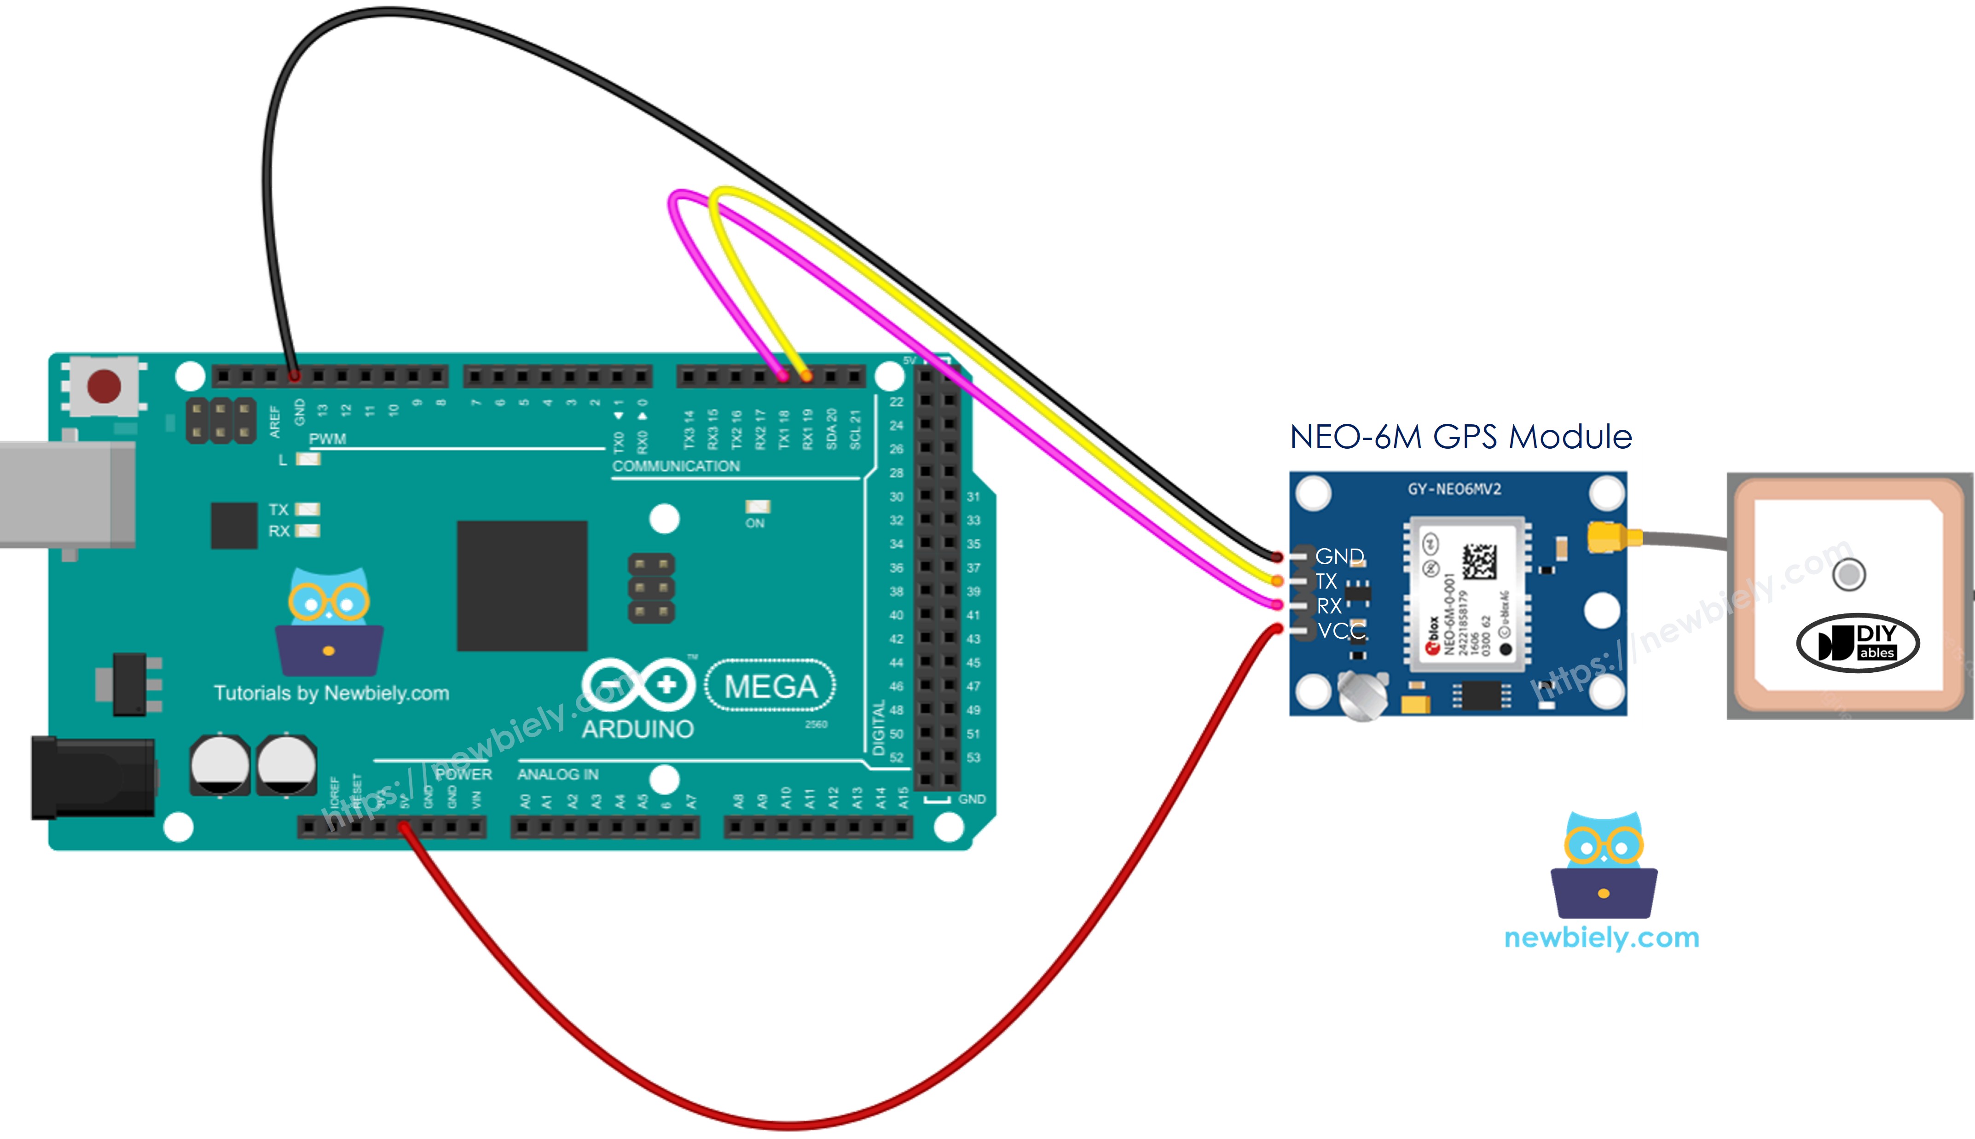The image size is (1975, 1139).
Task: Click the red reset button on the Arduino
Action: pos(104,386)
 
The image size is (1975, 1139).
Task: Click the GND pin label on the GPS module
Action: pos(1339,556)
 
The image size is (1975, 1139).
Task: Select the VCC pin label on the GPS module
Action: pos(1341,630)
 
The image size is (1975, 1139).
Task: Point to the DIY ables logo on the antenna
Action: pos(1858,643)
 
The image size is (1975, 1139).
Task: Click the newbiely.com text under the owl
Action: pos(1601,937)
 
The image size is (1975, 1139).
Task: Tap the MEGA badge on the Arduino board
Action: pos(770,686)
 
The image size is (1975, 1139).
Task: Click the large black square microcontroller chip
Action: pos(522,585)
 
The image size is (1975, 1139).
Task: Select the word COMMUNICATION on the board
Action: pos(676,466)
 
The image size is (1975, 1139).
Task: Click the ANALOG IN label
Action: pos(558,775)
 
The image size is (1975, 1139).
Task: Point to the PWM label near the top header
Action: pos(327,439)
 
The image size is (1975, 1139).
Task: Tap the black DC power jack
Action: pos(93,778)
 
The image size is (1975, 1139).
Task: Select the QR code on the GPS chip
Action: pos(1479,562)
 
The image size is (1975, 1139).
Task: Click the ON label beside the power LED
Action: pos(755,523)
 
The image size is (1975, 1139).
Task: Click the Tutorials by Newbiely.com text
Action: pos(332,693)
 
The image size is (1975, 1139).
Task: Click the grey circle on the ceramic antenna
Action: pos(1849,575)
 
